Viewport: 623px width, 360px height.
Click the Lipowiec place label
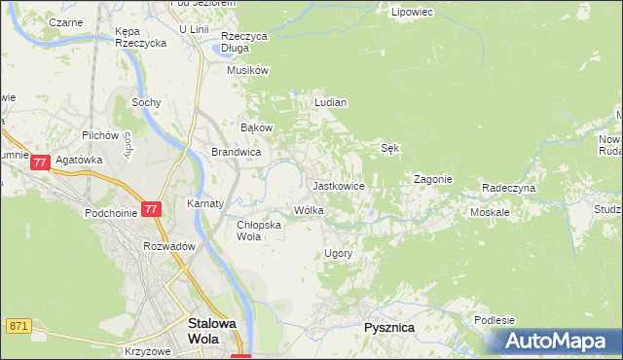tap(411, 13)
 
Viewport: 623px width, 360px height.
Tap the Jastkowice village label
tap(338, 185)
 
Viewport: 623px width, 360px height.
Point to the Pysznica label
tap(388, 328)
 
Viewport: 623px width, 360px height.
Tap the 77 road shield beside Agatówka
tap(40, 162)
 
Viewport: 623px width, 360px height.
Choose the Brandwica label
tap(236, 152)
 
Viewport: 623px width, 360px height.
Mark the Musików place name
tap(247, 70)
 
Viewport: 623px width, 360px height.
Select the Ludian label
tap(331, 101)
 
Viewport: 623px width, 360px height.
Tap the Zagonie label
tap(432, 179)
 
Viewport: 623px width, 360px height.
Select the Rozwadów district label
tap(170, 246)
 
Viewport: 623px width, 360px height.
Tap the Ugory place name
tap(337, 253)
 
